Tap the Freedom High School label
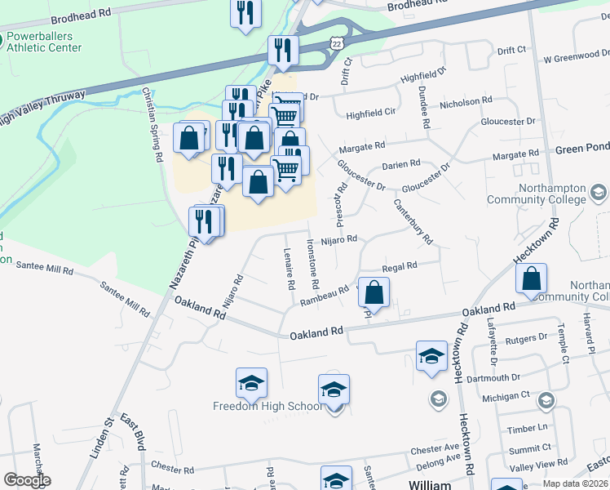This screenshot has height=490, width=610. [x=267, y=406]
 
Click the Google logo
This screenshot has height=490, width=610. [x=27, y=480]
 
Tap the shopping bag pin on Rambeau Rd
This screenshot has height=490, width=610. [x=374, y=292]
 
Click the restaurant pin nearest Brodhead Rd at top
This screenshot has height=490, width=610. [x=245, y=13]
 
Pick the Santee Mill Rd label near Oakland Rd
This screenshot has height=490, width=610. [x=125, y=299]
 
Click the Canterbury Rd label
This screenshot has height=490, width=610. [x=413, y=221]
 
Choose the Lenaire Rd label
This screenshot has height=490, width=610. [x=289, y=269]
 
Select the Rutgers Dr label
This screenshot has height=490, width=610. [x=525, y=337]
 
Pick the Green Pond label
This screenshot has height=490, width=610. [x=581, y=149]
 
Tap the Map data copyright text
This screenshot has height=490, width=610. [x=576, y=483]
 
